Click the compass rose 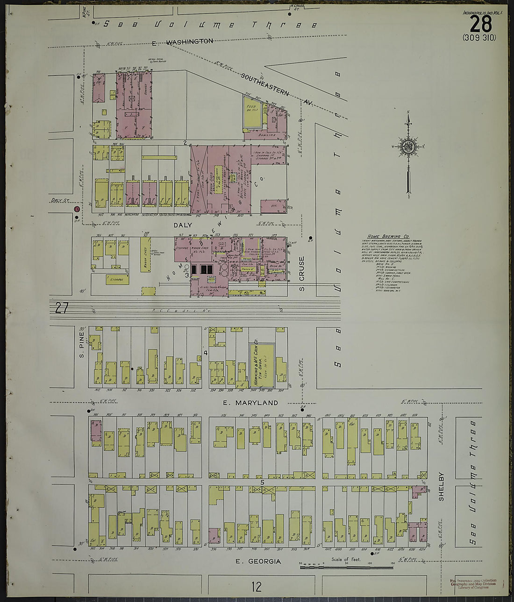point(408,147)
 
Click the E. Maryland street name point(250,403)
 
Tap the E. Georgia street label point(258,561)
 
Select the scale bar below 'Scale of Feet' point(346,567)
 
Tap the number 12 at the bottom point(256,587)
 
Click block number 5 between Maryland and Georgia point(263,482)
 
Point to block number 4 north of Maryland point(205,353)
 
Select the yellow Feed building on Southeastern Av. point(252,112)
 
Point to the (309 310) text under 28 point(479,38)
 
